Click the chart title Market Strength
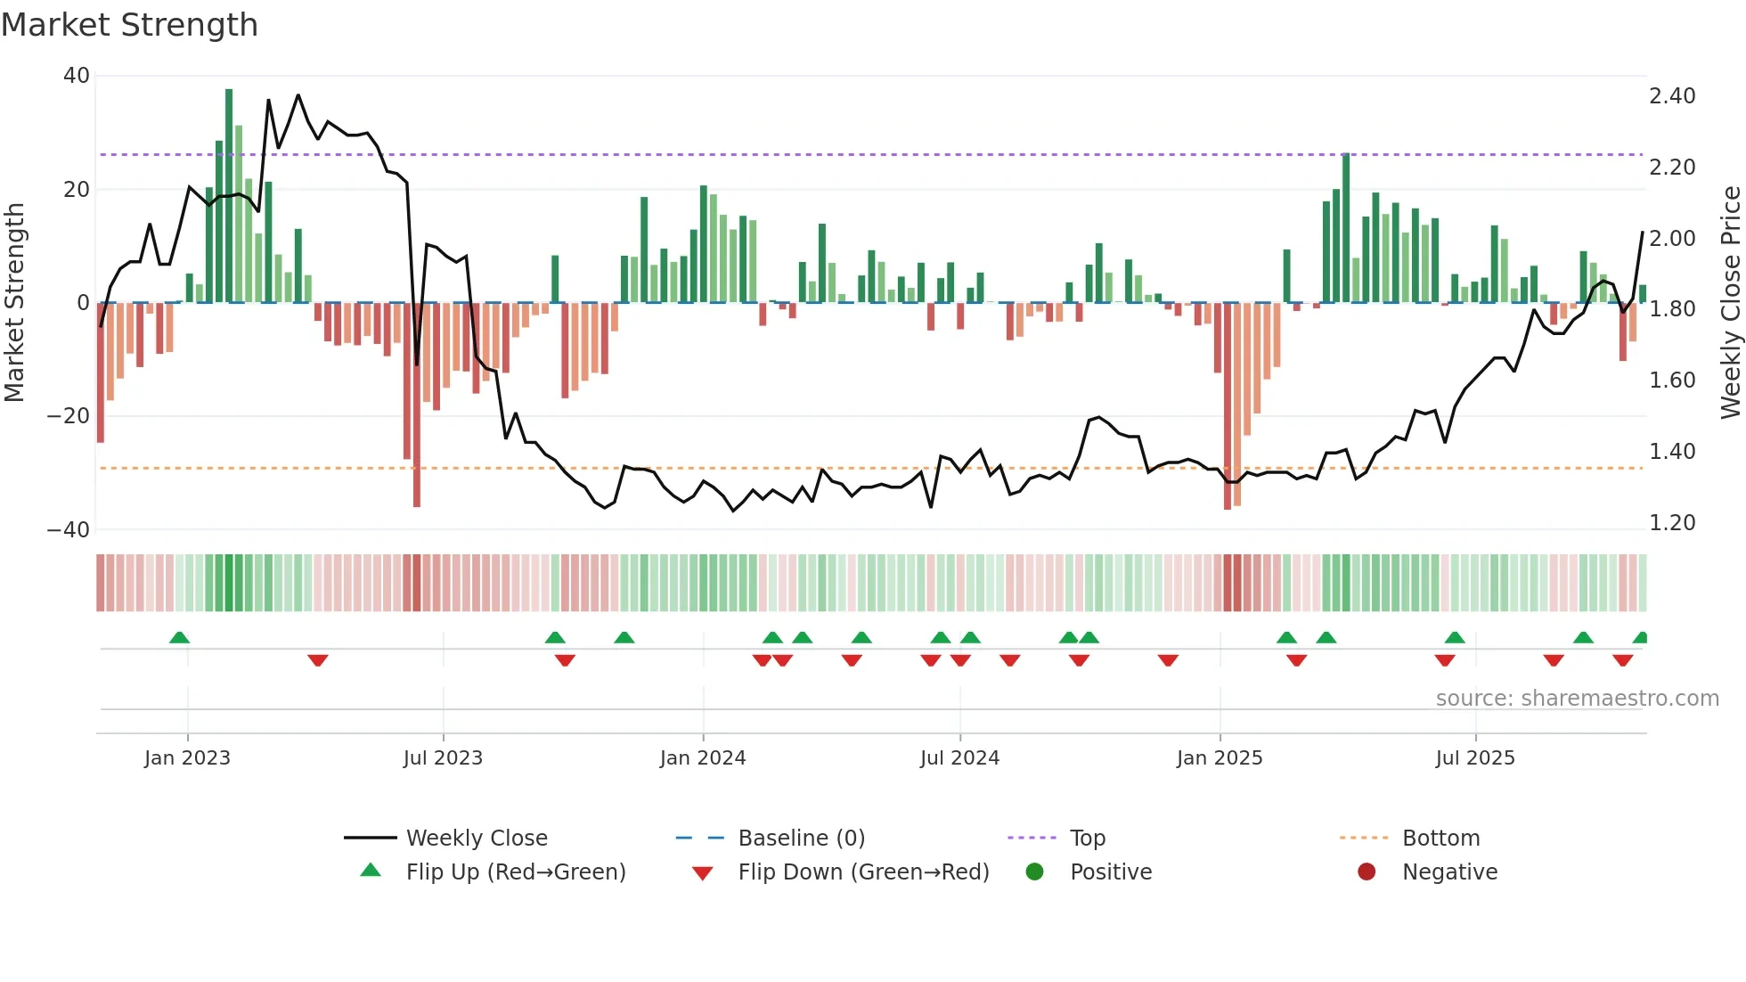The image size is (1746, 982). tap(129, 25)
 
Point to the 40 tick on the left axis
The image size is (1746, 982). tap(77, 76)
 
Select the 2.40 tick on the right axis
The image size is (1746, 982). tap(1672, 96)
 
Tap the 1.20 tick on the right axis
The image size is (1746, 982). tap(1672, 523)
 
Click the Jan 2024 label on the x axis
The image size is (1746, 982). tap(702, 758)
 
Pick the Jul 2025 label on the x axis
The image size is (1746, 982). tap(1474, 758)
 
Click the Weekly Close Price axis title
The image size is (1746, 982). tap(1730, 302)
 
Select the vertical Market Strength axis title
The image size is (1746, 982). tap(15, 302)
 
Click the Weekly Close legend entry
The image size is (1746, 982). tap(476, 839)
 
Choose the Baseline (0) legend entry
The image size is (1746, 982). tap(801, 839)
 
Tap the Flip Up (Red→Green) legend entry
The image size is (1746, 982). tap(515, 872)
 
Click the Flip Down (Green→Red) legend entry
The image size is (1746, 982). tap(862, 872)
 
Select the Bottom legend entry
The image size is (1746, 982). tap(1440, 839)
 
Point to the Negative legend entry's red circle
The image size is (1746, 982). tap(1366, 872)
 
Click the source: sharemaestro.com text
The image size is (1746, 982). tap(1577, 699)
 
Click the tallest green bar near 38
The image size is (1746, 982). tap(229, 196)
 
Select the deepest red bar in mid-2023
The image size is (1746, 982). tap(417, 405)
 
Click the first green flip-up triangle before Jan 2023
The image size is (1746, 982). tap(179, 637)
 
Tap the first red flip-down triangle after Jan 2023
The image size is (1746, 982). tap(318, 660)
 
